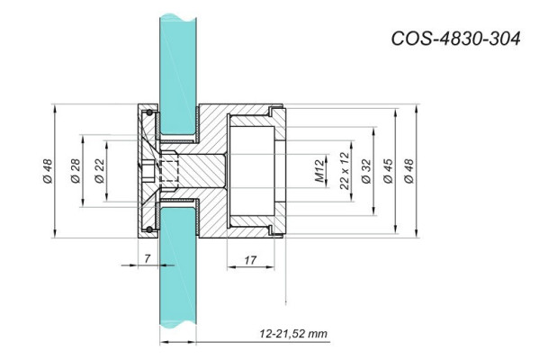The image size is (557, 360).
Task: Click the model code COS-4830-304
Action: pyautogui.click(x=456, y=39)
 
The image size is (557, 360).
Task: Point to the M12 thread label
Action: pyautogui.click(x=319, y=171)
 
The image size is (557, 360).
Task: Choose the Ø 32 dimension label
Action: pyautogui.click(x=365, y=171)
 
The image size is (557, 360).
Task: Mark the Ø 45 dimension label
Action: pyautogui.click(x=388, y=171)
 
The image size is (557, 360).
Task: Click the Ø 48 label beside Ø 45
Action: pyautogui.click(x=410, y=171)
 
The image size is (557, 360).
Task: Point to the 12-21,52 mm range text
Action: pyautogui.click(x=292, y=333)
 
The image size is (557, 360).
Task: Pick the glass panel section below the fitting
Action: pyautogui.click(x=176, y=288)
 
